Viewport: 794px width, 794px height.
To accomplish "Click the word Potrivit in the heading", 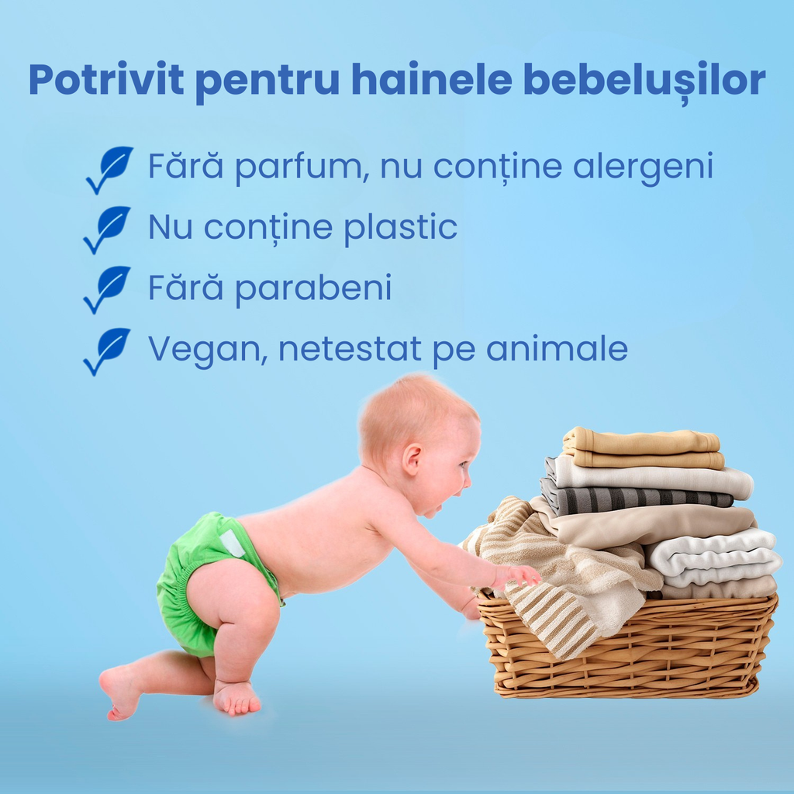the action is click(x=106, y=79).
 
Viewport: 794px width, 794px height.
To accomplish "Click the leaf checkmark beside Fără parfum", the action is click(x=109, y=170).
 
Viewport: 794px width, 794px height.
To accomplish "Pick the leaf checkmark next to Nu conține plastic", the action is click(x=107, y=230).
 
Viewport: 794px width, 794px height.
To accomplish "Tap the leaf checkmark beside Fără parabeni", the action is click(x=107, y=290).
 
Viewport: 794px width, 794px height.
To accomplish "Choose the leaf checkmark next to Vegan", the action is click(x=107, y=351).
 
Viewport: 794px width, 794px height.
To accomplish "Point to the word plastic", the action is click(x=401, y=227).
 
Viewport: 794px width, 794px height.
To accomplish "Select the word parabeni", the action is click(x=313, y=288).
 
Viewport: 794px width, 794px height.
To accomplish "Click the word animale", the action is click(x=557, y=348).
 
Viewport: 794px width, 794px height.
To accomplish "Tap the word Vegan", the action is click(x=207, y=350).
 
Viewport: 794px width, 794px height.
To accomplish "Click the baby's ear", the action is click(x=412, y=459).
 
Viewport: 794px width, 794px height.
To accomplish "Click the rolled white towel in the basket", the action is click(x=714, y=557).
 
